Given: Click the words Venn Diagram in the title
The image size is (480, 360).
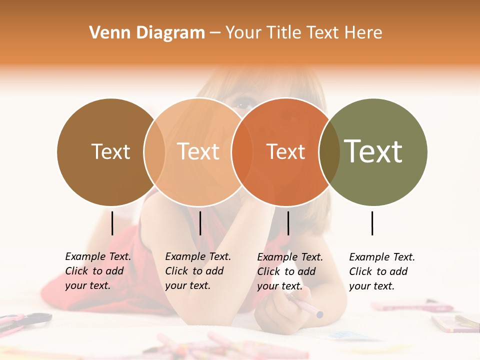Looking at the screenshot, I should (147, 33).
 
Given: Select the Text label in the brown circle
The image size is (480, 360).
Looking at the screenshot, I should (110, 151).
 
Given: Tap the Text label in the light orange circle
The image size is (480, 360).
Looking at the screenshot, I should (198, 151).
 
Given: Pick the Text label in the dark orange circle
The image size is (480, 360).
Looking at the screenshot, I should (285, 151).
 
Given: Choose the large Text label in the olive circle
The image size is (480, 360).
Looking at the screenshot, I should (373, 151).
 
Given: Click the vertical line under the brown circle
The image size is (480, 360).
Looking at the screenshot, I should (112, 223).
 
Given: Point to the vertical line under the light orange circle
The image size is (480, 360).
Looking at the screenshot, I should (200, 223).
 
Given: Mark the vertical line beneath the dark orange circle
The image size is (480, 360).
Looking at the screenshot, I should (288, 223).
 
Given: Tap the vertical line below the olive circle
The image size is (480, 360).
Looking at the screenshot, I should (372, 223).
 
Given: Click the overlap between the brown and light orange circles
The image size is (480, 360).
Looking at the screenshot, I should (154, 151).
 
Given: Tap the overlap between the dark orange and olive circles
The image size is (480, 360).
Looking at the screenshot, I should (329, 151).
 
